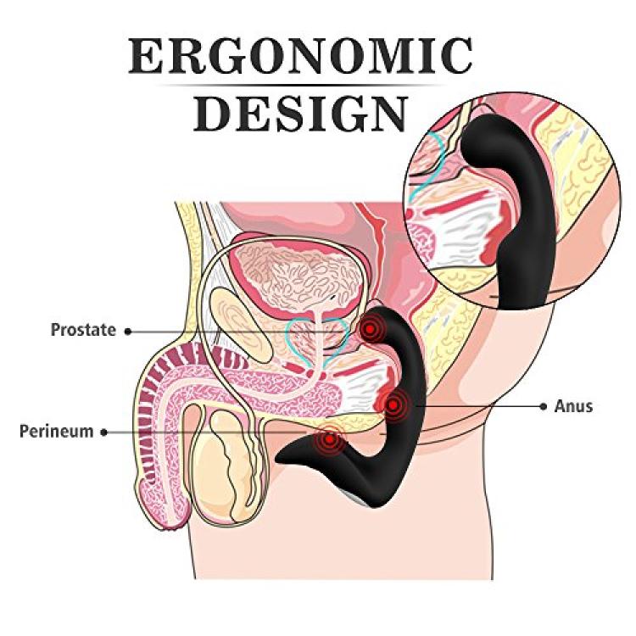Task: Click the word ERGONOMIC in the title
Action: (300, 56)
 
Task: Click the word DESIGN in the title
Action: (300, 114)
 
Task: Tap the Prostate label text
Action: (83, 330)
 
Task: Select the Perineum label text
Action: (56, 432)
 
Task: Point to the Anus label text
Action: (573, 406)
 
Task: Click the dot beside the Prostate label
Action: (128, 332)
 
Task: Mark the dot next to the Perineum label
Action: (104, 432)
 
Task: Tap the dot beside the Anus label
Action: (544, 406)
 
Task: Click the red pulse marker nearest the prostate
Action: (370, 329)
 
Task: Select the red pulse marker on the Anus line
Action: (393, 404)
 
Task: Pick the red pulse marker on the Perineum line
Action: (331, 439)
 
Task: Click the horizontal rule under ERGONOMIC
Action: (300, 86)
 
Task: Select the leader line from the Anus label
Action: (477, 406)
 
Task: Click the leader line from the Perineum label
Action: (211, 432)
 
